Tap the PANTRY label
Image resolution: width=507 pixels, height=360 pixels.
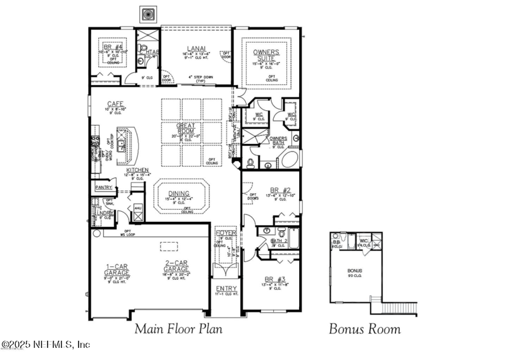click(x=103, y=188)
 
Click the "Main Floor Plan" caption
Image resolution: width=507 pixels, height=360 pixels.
click(x=178, y=328)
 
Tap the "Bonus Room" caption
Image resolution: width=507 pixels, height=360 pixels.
click(x=364, y=328)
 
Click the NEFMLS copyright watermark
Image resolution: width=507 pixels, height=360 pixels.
click(x=46, y=345)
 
